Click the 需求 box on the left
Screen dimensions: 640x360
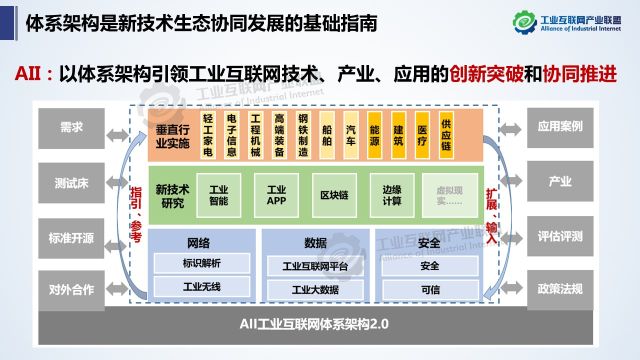pos(71,128)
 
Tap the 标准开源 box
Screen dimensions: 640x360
pos(71,237)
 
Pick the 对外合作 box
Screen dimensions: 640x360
pos(71,291)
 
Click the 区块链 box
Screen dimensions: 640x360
pos(334,194)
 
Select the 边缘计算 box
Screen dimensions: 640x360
pos(391,194)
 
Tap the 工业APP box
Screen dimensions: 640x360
pos(276,194)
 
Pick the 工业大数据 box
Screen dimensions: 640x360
pos(314,289)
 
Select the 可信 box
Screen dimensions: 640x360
pos(430,289)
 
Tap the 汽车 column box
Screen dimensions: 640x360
pos(350,135)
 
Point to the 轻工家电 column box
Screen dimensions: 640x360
pos(208,135)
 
